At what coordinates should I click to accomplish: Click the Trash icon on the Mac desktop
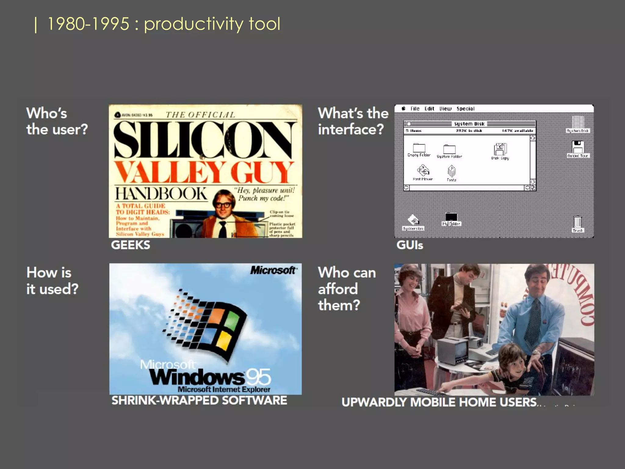point(577,223)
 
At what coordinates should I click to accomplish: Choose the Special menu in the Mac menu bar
point(465,109)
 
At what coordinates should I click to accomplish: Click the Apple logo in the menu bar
point(403,108)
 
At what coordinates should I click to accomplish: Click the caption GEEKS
point(131,245)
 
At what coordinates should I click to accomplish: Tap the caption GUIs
point(410,245)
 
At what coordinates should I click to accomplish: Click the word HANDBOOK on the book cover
point(161,194)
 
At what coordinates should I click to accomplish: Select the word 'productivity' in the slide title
point(193,24)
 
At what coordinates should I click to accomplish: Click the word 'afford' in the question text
point(338,289)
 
